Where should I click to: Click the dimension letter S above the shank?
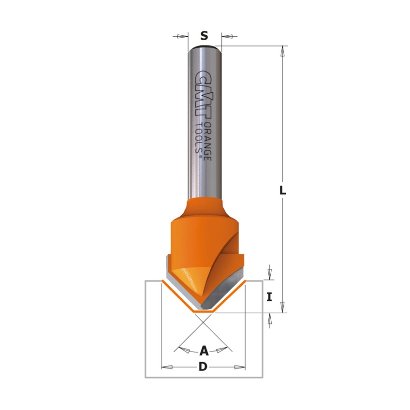[204, 36]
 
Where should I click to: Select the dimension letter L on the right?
[282, 191]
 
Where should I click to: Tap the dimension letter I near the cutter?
[269, 297]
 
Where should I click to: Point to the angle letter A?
[204, 351]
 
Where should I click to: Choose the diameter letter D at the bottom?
[203, 367]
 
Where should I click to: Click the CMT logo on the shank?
[204, 94]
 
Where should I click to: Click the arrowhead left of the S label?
[182, 36]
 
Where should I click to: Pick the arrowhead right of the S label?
[227, 36]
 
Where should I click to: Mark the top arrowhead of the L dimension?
[282, 51]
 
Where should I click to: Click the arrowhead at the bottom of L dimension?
[282, 307]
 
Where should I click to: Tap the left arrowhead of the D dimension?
[167, 367]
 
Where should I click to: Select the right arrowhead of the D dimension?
[240, 367]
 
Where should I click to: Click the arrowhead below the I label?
[270, 318]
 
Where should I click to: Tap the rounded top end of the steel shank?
[205, 47]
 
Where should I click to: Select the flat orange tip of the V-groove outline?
[204, 312]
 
